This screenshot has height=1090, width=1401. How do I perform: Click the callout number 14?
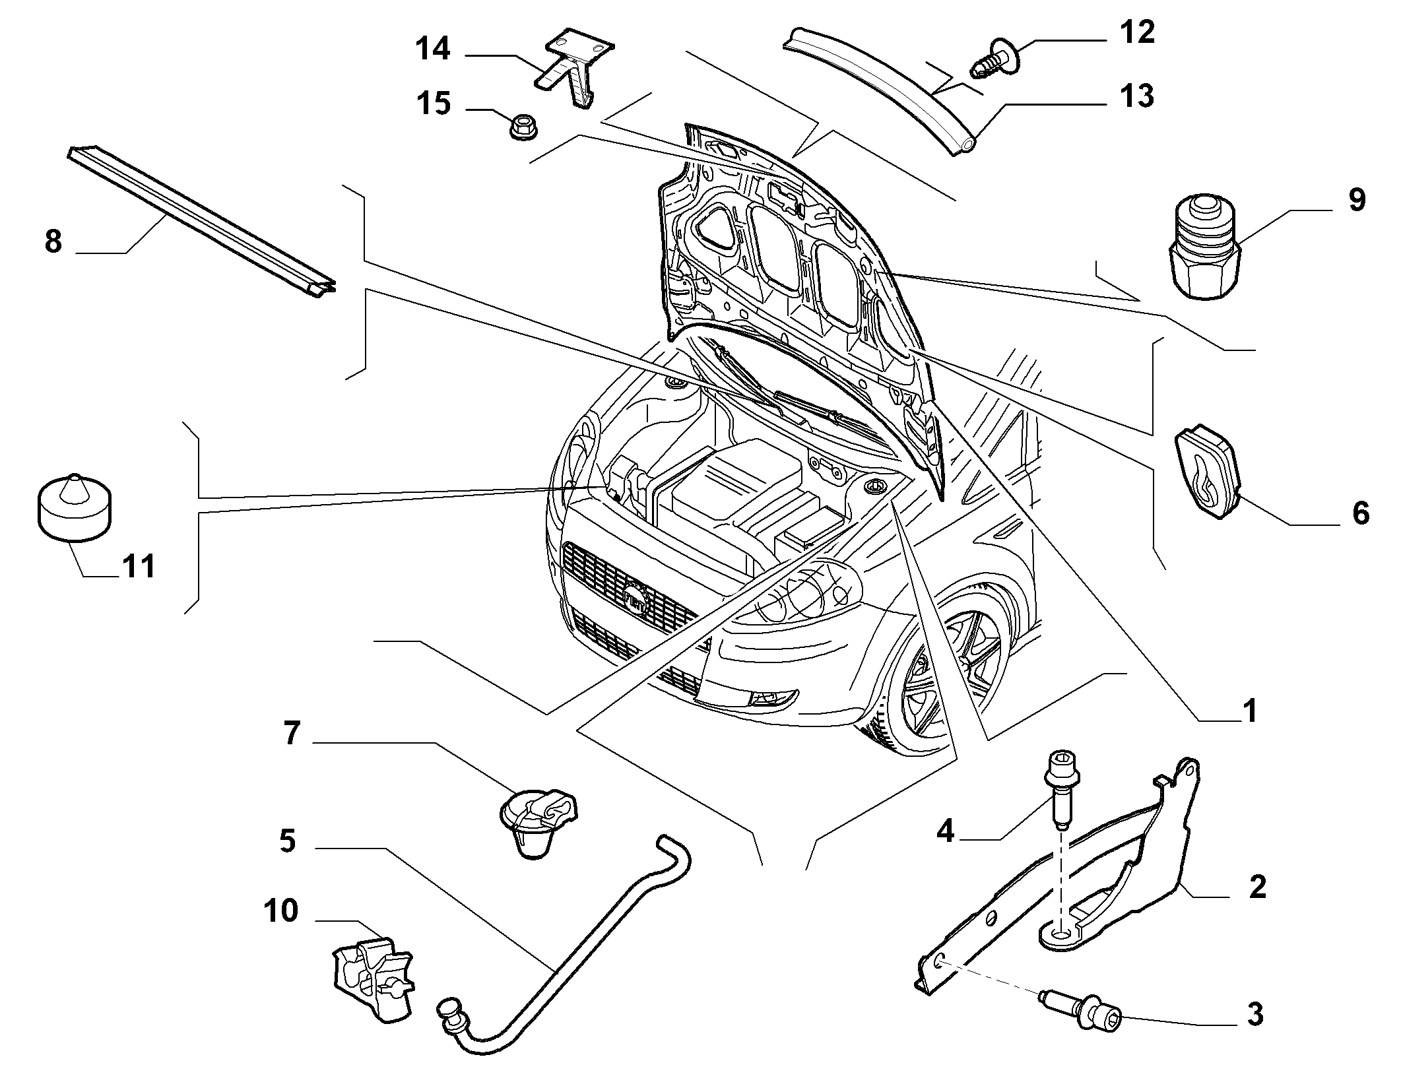coord(432,49)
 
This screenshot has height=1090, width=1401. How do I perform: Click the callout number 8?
coord(53,241)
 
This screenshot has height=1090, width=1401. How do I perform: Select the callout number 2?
coord(1257,887)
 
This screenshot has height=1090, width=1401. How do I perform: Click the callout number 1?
coord(1250,711)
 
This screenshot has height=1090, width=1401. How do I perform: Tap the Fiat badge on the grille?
coord(635,598)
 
